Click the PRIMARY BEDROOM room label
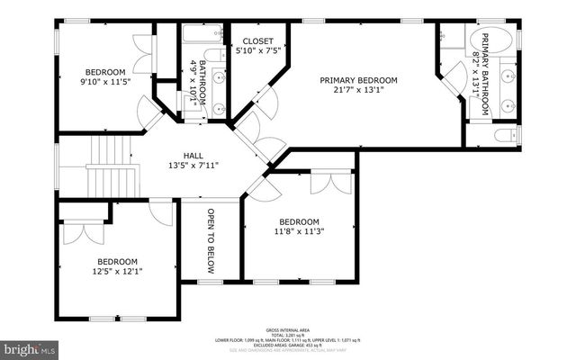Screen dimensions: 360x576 pos(358,79)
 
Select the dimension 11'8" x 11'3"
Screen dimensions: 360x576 pos(299,232)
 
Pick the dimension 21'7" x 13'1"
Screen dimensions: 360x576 pos(358,89)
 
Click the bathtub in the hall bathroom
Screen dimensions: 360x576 pos(194,37)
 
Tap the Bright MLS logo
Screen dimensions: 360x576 pos(29,346)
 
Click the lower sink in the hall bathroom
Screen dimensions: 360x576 pos(219,108)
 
